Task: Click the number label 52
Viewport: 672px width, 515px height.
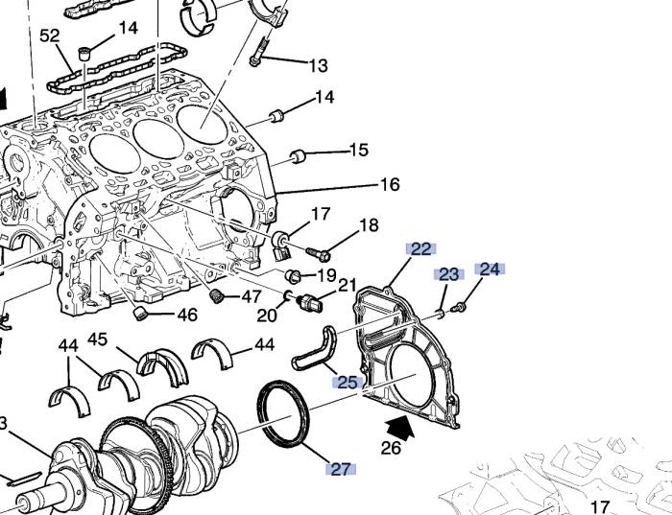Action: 50,36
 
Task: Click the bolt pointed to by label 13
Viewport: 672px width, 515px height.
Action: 258,52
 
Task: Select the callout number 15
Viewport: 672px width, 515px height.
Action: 358,151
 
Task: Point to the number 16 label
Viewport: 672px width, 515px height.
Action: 390,185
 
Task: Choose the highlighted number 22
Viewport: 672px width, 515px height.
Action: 420,249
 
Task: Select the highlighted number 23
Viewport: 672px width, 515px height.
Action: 449,274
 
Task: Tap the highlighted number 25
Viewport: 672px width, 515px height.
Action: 346,383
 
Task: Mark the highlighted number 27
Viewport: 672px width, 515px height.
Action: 340,469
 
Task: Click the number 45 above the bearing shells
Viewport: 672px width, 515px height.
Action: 98,339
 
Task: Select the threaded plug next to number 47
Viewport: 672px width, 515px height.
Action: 217,295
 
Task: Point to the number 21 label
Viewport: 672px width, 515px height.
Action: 347,285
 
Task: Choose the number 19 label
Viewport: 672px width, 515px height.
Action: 326,275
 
